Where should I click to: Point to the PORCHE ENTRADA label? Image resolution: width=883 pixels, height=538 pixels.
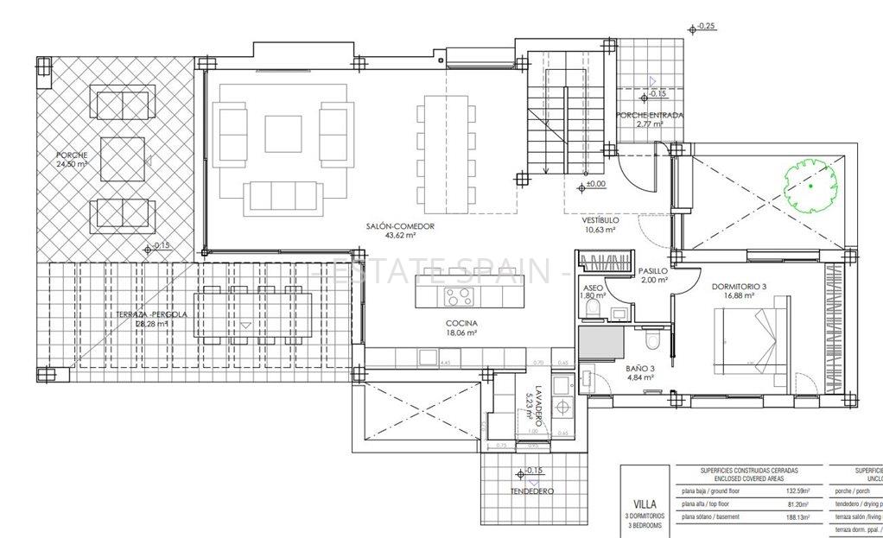click(650, 115)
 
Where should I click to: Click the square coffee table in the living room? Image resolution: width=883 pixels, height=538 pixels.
click(283, 134)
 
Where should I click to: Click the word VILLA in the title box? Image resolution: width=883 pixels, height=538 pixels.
click(645, 503)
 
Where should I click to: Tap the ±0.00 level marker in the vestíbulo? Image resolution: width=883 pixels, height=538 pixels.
click(595, 183)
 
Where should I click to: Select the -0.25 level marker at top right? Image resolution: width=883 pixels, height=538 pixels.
click(706, 27)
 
